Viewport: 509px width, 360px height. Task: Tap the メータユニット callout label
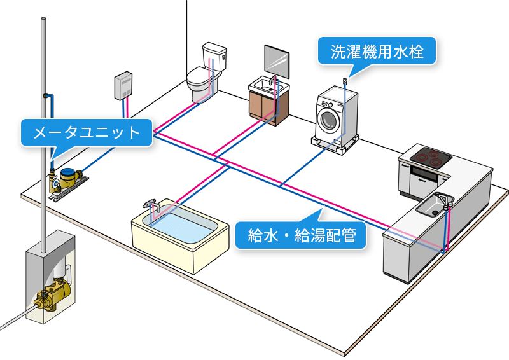click(86, 132)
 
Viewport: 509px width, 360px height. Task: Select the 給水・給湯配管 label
click(301, 235)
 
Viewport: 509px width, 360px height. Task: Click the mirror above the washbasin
click(277, 60)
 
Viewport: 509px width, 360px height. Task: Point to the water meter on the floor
click(67, 177)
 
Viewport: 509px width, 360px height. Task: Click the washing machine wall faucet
click(345, 81)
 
